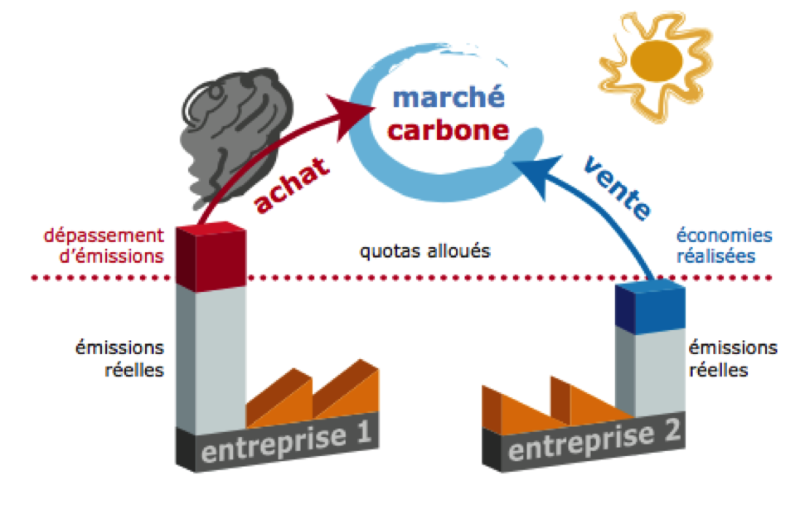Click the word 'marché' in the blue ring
[x=438, y=97]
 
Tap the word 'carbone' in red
[x=437, y=131]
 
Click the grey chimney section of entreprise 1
[x=213, y=357]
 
